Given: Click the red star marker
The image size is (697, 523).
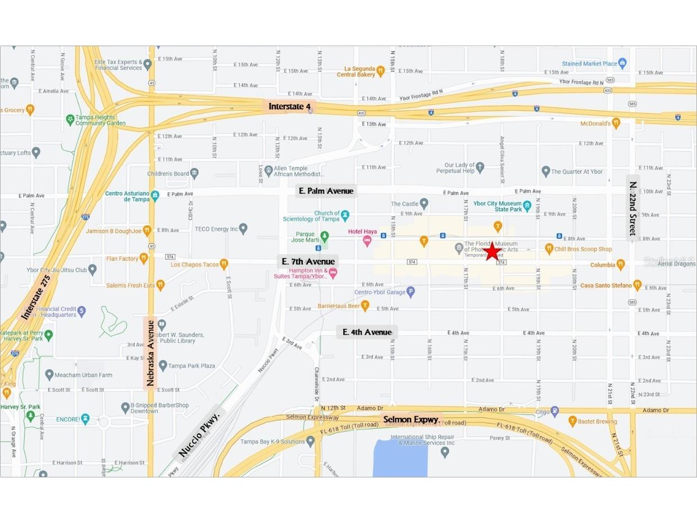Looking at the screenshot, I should [x=493, y=251].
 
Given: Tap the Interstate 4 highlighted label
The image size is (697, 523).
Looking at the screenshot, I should [x=289, y=106].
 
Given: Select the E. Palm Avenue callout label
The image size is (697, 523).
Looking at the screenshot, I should [x=326, y=191].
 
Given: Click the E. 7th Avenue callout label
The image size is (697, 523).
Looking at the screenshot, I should [x=308, y=261].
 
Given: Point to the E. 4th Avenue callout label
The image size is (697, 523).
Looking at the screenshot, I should [x=367, y=332].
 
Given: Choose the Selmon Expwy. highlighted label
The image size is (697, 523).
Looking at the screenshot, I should [x=412, y=420].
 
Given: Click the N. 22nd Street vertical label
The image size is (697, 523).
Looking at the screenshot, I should [x=633, y=208].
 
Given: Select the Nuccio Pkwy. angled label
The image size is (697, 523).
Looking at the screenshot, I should [x=199, y=434].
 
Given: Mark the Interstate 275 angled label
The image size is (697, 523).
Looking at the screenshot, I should [x=36, y=297].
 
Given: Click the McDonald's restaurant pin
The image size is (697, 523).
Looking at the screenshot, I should [x=616, y=123].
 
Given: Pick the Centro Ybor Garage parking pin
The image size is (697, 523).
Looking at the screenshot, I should [x=411, y=291].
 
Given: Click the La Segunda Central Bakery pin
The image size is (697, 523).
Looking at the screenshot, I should [x=380, y=71].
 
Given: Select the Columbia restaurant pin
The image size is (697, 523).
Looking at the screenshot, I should [x=621, y=264].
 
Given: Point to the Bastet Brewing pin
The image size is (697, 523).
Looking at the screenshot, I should [x=573, y=421].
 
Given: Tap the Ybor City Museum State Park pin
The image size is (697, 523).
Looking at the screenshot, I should [x=527, y=206].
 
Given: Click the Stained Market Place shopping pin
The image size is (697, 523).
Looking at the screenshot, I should [x=622, y=63].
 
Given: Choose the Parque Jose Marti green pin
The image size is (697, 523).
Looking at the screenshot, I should [x=324, y=236].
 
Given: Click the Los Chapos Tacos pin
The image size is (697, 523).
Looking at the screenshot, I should [x=224, y=264].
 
